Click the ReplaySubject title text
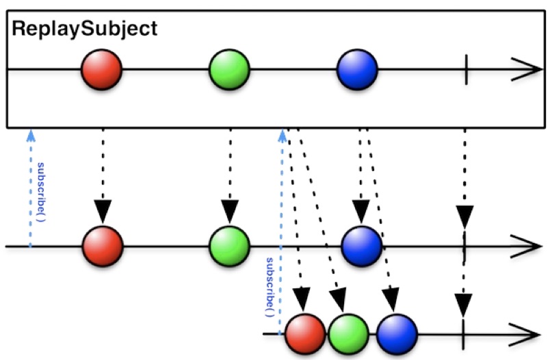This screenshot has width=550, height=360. (x=85, y=29)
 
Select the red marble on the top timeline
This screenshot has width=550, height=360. (x=101, y=70)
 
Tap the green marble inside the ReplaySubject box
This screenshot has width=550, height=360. (x=229, y=70)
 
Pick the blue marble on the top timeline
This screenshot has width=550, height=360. (x=357, y=70)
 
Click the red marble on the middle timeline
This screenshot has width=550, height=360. (x=103, y=246)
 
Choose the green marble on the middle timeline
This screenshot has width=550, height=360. (x=229, y=246)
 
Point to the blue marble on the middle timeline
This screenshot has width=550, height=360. (x=362, y=246)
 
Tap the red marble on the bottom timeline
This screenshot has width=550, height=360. (x=305, y=334)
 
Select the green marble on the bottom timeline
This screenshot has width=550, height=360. (x=348, y=334)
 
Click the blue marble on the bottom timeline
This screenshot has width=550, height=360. (x=397, y=334)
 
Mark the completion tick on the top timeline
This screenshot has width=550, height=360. (x=466, y=70)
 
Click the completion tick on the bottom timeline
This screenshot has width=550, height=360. (x=463, y=334)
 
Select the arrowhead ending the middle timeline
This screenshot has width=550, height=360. (x=526, y=246)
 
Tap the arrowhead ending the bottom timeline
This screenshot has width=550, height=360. (x=525, y=335)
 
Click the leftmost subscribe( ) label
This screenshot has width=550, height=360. (x=42, y=192)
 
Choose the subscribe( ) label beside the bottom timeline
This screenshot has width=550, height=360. (x=270, y=287)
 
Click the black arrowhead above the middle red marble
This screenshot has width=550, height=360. (x=103, y=211)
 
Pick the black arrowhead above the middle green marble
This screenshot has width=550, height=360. (x=230, y=211)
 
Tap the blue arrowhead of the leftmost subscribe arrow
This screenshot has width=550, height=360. (x=31, y=136)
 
